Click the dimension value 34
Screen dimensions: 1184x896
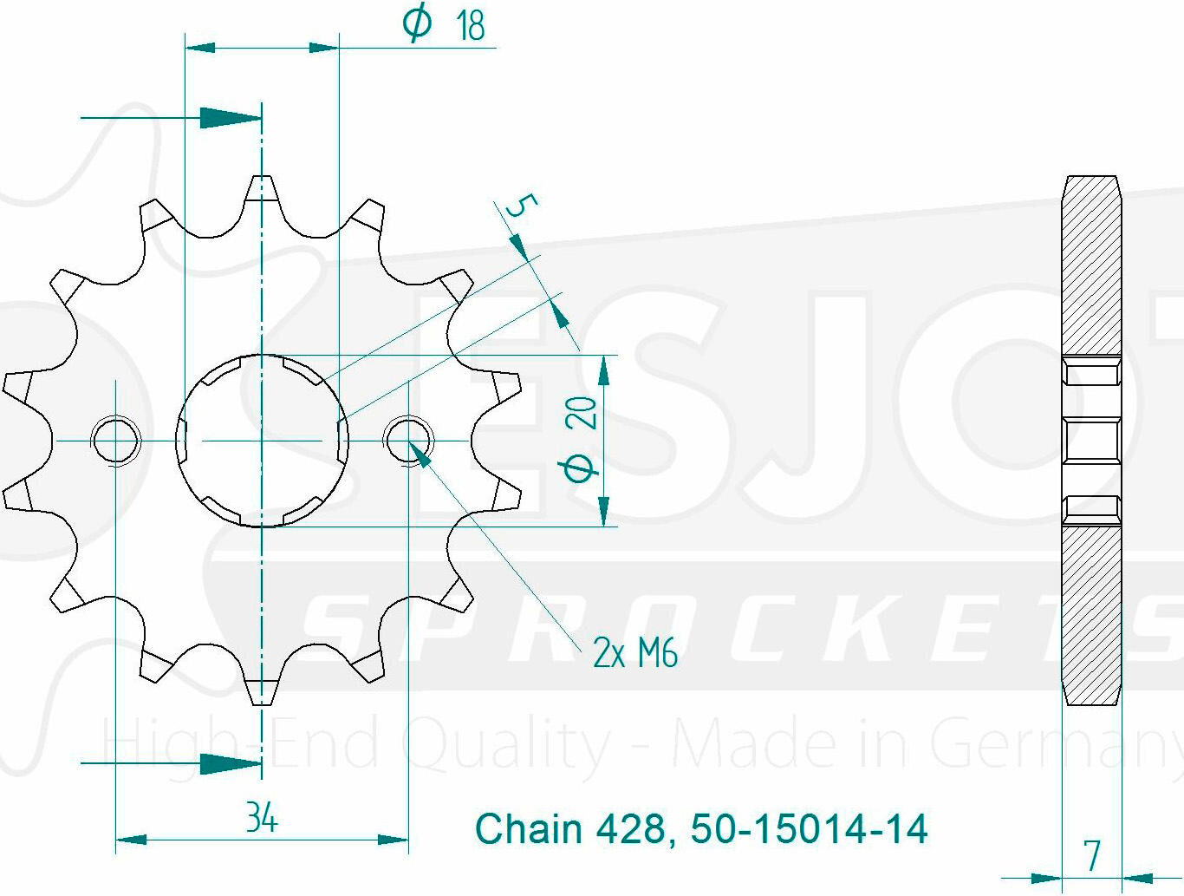click(262, 818)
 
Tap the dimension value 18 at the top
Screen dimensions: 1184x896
click(471, 25)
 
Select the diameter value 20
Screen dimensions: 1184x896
click(582, 413)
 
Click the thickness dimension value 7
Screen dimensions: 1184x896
click(1093, 855)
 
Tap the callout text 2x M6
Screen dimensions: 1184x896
click(634, 652)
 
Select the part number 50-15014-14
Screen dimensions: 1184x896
click(809, 828)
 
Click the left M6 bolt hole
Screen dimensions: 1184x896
click(115, 441)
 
